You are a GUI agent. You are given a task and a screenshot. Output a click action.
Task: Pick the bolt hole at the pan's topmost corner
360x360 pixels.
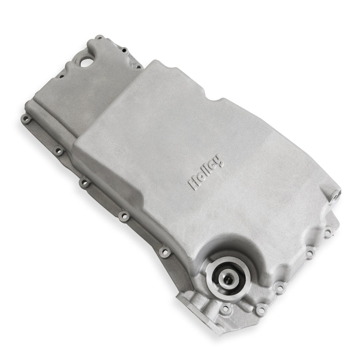coord(99,37)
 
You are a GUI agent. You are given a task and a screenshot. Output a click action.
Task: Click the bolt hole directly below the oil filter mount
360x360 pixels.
coord(225,309)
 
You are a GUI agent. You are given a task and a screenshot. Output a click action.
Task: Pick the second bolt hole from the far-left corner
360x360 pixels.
coord(59,150)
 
